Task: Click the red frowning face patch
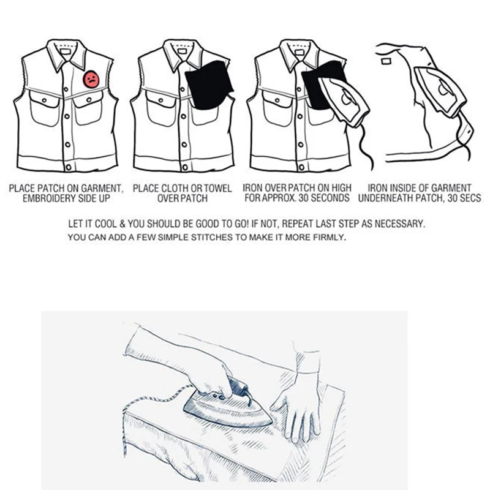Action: pyautogui.click(x=91, y=80)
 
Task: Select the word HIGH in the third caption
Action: pyautogui.click(x=341, y=188)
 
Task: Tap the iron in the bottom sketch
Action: pyautogui.click(x=227, y=405)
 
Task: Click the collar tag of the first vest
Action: pyautogui.click(x=66, y=51)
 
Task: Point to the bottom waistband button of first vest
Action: pyautogui.click(x=68, y=167)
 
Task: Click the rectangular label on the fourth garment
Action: pyautogui.click(x=386, y=61)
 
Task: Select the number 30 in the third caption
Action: pyautogui.click(x=303, y=198)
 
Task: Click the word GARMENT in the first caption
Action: pyautogui.click(x=102, y=189)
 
